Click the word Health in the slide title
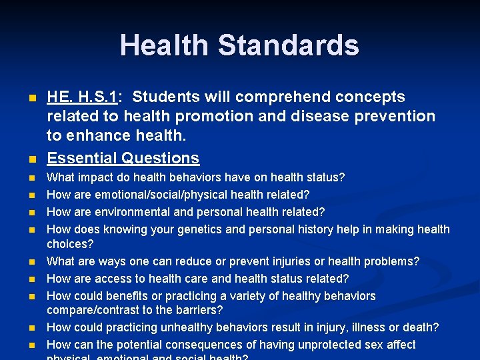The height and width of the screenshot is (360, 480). tap(163, 45)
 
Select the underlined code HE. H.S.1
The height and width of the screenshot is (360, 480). tap(82, 97)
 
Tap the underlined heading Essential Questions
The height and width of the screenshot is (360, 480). tap(123, 158)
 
